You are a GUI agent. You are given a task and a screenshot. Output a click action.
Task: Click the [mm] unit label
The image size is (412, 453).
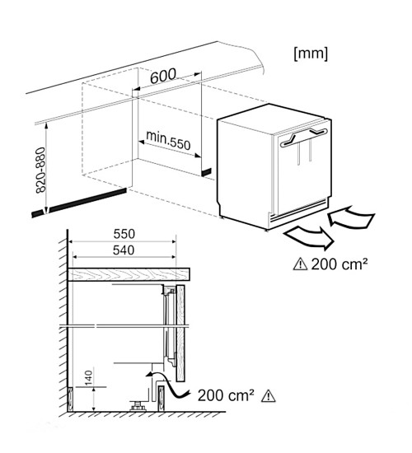tap(311, 54)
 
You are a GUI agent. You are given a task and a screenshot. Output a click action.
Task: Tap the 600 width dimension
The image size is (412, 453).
tap(163, 76)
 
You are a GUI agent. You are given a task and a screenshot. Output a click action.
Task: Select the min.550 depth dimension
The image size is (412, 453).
tap(168, 140)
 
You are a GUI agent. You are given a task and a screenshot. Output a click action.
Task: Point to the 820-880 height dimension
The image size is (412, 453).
tap(40, 170)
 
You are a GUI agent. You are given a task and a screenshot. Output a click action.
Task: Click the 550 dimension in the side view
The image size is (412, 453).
tap(124, 234)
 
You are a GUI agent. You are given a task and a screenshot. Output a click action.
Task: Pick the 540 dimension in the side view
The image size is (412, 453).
tap(124, 250)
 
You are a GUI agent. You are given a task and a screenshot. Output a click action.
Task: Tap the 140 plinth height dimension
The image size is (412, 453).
tap(88, 377)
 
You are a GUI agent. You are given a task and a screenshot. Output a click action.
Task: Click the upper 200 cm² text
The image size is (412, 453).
tap(339, 264)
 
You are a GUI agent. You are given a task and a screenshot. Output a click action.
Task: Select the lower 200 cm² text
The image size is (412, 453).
tap(226, 395)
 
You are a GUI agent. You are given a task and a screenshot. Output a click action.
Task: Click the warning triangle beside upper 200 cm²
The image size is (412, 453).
tap(300, 264)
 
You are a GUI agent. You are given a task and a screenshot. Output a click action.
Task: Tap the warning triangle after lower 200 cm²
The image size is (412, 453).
tap(269, 396)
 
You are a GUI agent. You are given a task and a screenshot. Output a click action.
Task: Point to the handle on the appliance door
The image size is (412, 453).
tap(303, 137)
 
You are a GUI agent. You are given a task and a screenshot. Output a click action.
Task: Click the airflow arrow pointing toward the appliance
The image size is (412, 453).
tap(351, 217)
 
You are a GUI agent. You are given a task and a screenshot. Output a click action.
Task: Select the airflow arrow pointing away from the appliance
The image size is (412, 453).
tap(309, 237)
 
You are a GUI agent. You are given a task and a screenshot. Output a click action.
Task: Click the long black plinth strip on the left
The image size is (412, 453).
tap(78, 203)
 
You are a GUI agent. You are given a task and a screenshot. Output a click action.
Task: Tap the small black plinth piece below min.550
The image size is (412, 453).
tap(206, 172)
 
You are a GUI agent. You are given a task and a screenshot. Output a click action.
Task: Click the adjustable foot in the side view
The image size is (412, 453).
tap(138, 405)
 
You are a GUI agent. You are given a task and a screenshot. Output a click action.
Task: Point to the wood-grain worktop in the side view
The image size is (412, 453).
tap(129, 274)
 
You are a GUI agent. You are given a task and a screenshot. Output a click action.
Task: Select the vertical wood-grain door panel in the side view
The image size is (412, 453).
tap(180, 333)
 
